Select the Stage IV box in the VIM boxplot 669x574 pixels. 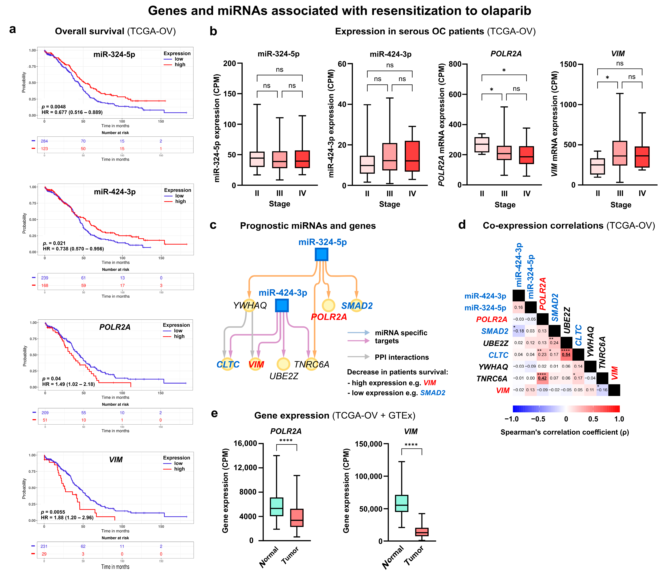point(642,157)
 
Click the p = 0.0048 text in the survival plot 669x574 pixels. point(54,107)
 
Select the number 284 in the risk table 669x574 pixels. point(44,141)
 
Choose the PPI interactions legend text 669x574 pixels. point(402,357)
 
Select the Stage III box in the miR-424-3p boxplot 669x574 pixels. point(390,157)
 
